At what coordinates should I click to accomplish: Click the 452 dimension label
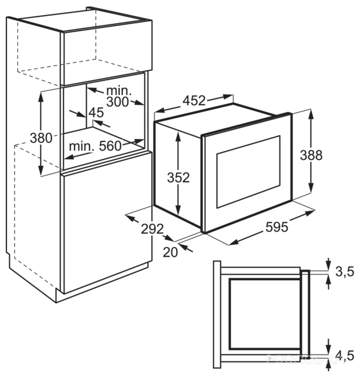(x=194, y=100)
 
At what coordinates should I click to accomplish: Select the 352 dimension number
(x=179, y=178)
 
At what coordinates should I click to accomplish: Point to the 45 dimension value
(x=95, y=113)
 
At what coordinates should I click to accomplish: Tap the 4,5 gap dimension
(x=344, y=355)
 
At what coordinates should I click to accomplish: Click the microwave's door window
(x=248, y=171)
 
